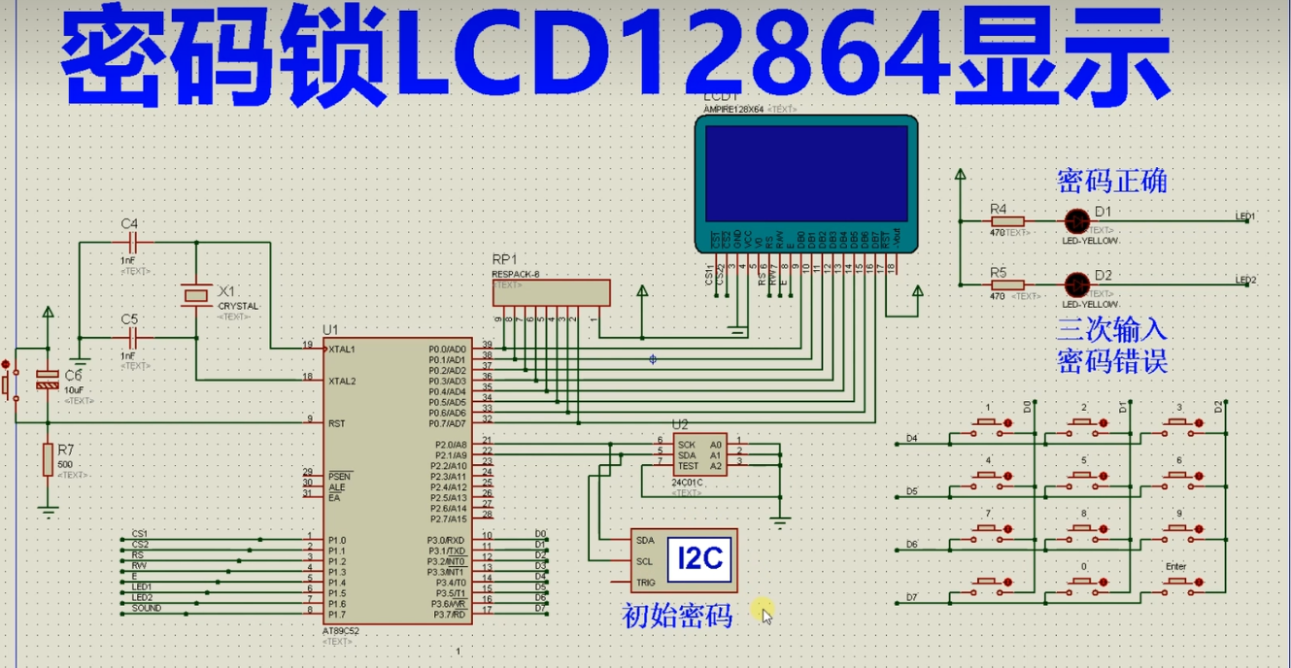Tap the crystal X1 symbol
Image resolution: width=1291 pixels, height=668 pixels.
click(196, 293)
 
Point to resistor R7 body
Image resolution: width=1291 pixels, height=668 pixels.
click(48, 460)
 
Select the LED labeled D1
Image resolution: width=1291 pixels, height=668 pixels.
click(1075, 221)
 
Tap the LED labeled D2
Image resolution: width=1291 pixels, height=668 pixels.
click(1075, 284)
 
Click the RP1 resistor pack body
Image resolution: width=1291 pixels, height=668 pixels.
click(551, 292)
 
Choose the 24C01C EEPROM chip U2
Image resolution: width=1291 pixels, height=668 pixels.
click(698, 453)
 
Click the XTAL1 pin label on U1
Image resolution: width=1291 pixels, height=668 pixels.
click(342, 349)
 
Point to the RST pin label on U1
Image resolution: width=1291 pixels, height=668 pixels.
click(337, 423)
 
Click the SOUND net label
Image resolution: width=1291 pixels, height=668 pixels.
click(147, 609)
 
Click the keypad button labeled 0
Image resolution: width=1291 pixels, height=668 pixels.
click(1085, 584)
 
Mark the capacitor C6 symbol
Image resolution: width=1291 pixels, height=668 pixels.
click(47, 380)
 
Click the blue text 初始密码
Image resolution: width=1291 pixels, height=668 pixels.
click(677, 616)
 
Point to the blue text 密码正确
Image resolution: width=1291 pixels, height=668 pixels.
click(1111, 182)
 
